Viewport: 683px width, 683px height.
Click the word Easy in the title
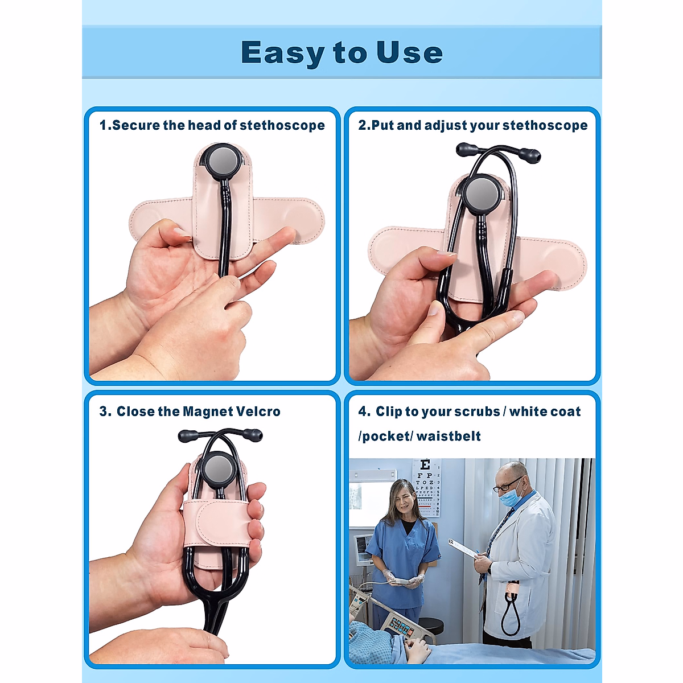pos(283,53)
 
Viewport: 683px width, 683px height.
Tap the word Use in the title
pos(409,53)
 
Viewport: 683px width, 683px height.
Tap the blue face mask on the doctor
pos(511,495)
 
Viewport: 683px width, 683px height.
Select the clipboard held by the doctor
pos(464,549)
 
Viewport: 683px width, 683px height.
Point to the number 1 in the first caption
pos(103,125)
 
